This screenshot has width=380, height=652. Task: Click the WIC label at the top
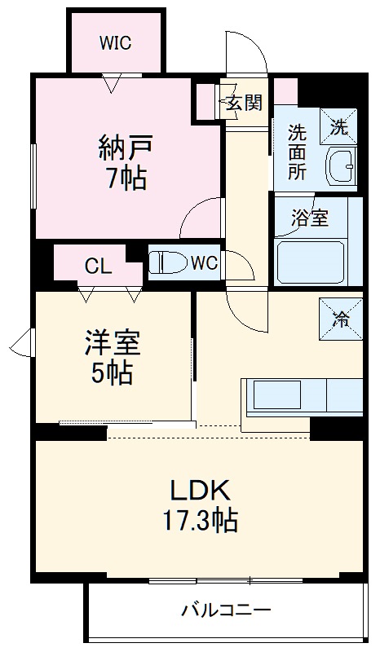115,43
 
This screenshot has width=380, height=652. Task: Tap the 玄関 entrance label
244,103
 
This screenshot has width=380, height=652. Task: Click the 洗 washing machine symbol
338,127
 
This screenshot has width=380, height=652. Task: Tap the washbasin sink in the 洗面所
341,167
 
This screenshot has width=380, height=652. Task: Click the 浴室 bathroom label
310,218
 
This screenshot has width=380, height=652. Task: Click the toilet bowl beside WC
167,263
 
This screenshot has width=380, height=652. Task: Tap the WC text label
204,263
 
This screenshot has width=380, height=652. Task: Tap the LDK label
199,490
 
